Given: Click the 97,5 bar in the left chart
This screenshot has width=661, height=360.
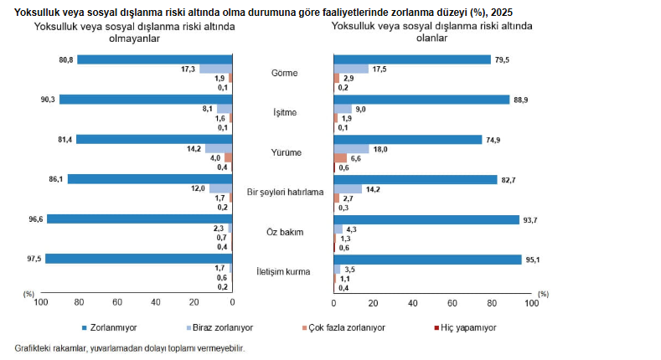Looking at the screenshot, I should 138,259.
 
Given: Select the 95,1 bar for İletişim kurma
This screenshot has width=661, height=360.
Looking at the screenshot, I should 427,259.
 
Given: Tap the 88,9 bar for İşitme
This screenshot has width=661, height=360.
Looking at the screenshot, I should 421,100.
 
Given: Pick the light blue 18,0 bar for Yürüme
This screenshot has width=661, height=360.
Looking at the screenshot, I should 351,148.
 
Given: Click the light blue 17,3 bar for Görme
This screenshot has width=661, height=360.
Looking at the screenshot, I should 215,69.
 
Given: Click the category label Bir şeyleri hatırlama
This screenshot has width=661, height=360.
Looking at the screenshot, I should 285,192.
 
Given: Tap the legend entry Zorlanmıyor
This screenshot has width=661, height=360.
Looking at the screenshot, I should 112,327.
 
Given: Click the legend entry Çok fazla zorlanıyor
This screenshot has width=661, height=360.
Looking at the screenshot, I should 344,327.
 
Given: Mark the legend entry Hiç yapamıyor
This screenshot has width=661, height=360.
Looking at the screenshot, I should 466,327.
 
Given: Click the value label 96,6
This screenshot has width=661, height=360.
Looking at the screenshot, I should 34,219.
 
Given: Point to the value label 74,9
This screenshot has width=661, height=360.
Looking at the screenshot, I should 493,139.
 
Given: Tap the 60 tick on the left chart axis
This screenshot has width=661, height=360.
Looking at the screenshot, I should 117,303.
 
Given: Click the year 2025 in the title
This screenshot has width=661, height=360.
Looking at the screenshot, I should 503,13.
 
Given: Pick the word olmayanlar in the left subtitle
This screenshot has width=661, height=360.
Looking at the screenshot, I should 134,39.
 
